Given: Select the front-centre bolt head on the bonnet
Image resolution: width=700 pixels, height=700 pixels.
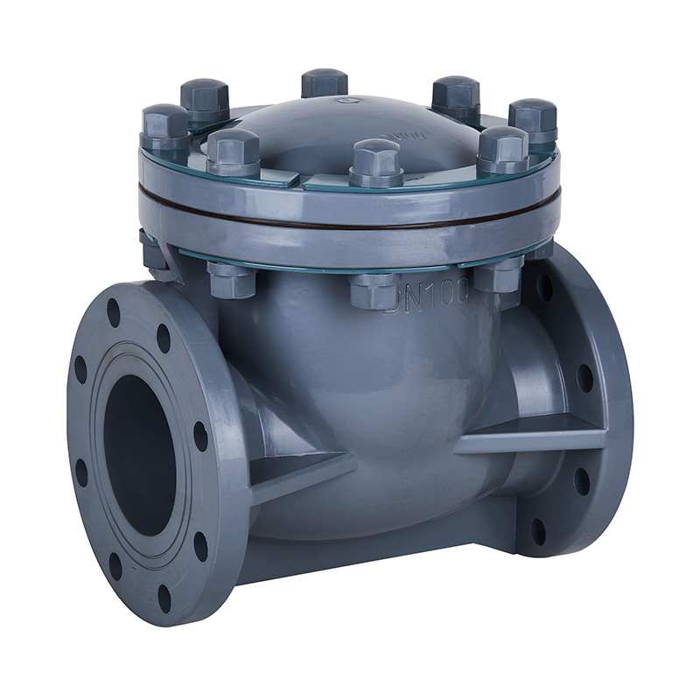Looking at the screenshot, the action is coord(376,158).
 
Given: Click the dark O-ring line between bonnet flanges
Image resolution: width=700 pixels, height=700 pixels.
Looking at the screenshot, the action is coord(350,223).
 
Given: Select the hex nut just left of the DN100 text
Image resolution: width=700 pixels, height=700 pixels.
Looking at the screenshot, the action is coord(374,290).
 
